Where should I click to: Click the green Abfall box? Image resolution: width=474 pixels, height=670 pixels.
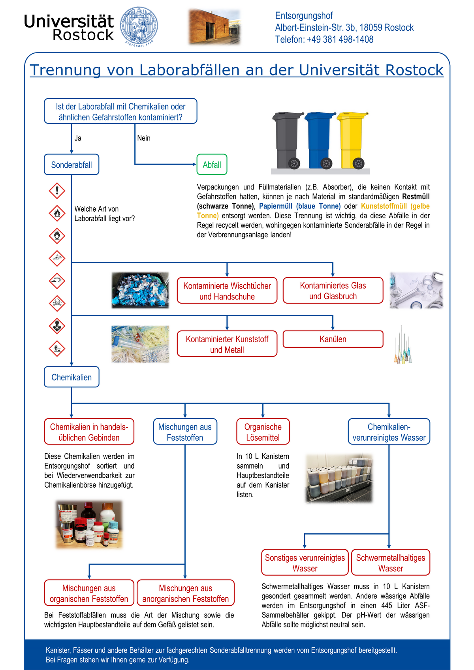(212, 165)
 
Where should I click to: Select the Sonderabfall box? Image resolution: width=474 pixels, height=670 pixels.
(71, 165)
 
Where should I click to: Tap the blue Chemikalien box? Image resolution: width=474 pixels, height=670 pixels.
(71, 377)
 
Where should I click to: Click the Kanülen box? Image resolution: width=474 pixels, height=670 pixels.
(333, 339)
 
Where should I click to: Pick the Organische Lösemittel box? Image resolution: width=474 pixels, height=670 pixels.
(263, 432)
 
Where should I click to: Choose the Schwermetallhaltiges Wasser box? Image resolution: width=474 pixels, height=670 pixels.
(391, 563)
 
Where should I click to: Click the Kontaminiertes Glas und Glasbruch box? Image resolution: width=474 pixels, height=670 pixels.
(333, 291)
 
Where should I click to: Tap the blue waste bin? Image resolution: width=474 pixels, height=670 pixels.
(319, 140)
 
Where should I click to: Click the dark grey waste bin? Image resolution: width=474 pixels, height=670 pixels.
(287, 140)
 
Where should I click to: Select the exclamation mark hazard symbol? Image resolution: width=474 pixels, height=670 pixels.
(57, 191)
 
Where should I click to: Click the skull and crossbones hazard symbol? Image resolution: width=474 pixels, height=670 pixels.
(57, 303)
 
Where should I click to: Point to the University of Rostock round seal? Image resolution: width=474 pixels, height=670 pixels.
(139, 26)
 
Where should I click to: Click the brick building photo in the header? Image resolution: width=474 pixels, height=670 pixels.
(214, 27)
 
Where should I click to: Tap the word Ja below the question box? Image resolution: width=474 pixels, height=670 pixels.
(78, 138)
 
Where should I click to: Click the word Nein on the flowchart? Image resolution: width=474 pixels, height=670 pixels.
(144, 138)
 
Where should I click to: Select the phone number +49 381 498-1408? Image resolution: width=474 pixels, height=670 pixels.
(340, 39)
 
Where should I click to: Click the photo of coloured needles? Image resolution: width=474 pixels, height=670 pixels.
(403, 345)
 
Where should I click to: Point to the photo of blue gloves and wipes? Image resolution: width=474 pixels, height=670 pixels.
(140, 290)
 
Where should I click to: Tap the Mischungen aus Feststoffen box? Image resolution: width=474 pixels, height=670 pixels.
(185, 432)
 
